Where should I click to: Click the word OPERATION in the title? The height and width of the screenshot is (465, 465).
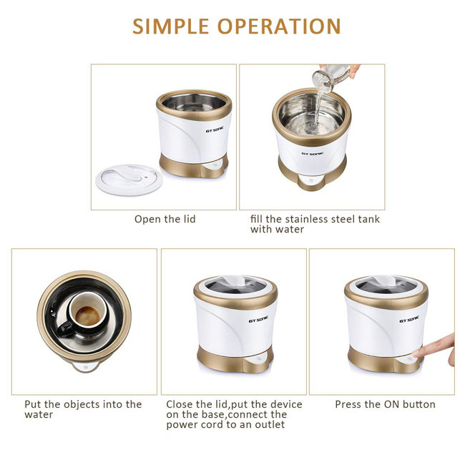pyautogui.click(x=279, y=26)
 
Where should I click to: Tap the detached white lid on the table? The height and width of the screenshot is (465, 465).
pyautogui.click(x=129, y=180)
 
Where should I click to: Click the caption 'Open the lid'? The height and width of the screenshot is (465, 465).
pyautogui.click(x=165, y=219)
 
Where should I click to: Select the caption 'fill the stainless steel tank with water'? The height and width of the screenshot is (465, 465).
pyautogui.click(x=315, y=224)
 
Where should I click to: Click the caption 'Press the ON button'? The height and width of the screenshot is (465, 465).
pyautogui.click(x=385, y=404)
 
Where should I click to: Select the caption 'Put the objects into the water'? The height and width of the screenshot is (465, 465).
pyautogui.click(x=83, y=409)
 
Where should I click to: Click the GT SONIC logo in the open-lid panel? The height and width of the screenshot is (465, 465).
pyautogui.click(x=215, y=130)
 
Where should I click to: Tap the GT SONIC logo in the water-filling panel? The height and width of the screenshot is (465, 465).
pyautogui.click(x=313, y=154)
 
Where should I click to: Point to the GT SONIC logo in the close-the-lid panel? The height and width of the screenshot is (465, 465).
pyautogui.click(x=258, y=319)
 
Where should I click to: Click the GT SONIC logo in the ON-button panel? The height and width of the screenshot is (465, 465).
pyautogui.click(x=409, y=319)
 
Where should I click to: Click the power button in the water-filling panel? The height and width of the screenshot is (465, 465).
pyautogui.click(x=311, y=180)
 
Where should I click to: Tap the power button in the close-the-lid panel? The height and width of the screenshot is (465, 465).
pyautogui.click(x=258, y=359)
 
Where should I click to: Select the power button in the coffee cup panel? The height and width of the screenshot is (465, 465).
pyautogui.click(x=86, y=366)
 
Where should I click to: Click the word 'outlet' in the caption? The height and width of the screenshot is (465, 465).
pyautogui.click(x=270, y=424)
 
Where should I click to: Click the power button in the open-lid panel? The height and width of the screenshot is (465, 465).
pyautogui.click(x=213, y=166)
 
